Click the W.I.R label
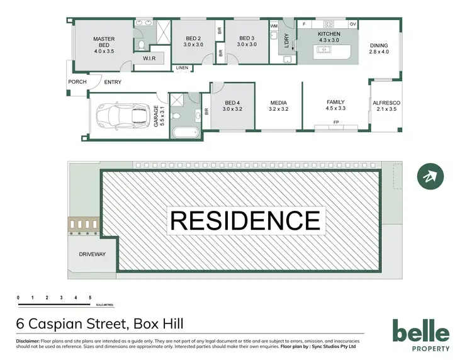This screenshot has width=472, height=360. pyautogui.click(x=149, y=59)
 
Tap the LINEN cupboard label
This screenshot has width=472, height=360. pyautogui.click(x=182, y=67)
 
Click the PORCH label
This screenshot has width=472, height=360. pyautogui.click(x=77, y=82)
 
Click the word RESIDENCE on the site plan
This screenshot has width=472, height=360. pyautogui.click(x=245, y=221)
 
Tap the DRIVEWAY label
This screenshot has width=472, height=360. pyautogui.click(x=92, y=254)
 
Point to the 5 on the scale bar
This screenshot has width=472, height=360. pyautogui.click(x=90, y=296)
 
